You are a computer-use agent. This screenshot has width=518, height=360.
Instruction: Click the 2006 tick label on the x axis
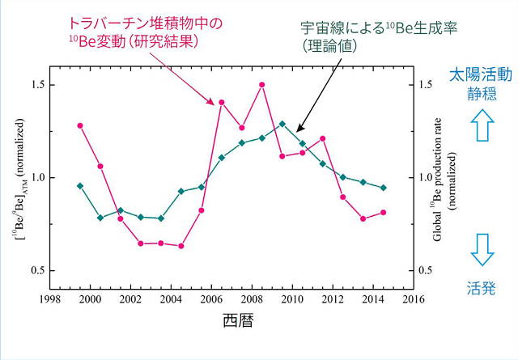point(211,299)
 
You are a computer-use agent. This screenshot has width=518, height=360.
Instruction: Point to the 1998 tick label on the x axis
point(50,299)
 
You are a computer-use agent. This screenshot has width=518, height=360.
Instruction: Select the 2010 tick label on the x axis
point(291,299)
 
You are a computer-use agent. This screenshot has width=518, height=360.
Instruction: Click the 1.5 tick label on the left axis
point(37,85)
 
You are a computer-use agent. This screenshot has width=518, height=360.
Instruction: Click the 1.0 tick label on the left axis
point(37,178)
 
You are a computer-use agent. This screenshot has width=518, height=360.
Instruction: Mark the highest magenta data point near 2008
point(261,84)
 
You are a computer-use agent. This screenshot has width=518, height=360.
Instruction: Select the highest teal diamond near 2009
point(282,124)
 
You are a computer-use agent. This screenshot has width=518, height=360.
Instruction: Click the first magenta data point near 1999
point(80,125)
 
